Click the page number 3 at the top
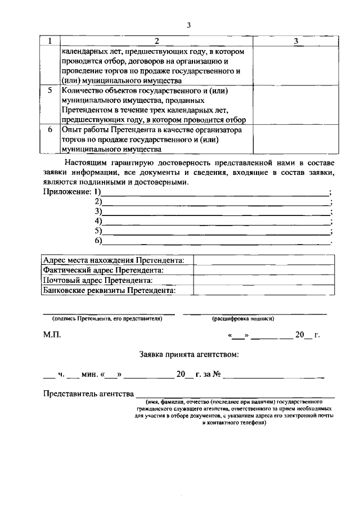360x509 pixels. (189, 25)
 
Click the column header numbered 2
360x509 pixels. (156, 41)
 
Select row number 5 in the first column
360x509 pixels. (50, 91)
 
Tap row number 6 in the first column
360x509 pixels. (50, 129)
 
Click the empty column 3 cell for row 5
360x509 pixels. (295, 105)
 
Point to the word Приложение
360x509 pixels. (67, 192)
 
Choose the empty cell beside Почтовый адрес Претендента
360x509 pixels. (264, 280)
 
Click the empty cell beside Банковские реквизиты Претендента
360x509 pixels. (264, 290)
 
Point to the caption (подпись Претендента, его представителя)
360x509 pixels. (104, 318)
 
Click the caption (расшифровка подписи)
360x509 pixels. (243, 318)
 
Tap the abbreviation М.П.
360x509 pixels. (52, 335)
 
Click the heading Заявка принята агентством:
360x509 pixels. (188, 355)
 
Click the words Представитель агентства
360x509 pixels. (88, 393)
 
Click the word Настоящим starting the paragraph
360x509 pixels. (84, 163)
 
